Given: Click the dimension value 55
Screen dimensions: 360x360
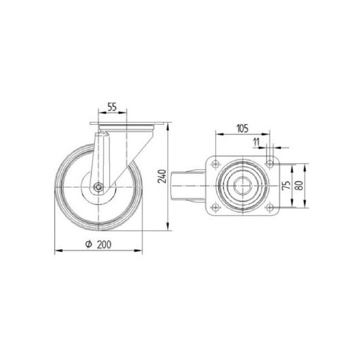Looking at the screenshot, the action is click(112, 107).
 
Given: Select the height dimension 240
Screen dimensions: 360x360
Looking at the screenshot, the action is click(162, 176).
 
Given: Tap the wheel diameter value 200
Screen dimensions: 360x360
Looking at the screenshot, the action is click(104, 245).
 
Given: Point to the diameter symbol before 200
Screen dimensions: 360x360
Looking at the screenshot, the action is click(89, 244).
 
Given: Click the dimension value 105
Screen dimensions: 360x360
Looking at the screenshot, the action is click(243, 129).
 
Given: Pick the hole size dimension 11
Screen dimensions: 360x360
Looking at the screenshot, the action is click(256, 142).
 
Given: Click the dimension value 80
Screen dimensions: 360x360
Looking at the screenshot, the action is click(299, 185).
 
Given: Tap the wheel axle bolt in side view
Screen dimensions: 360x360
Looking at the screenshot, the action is click(99, 187).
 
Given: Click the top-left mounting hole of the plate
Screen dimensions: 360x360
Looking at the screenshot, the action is click(215, 164).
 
